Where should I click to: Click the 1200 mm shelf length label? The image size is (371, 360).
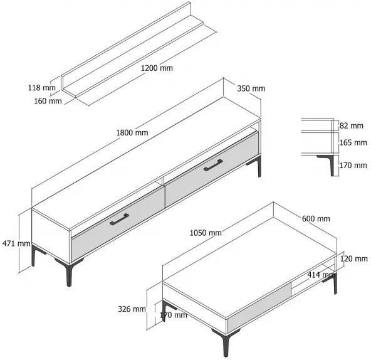point(157,68)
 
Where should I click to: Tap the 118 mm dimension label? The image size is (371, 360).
point(42,88)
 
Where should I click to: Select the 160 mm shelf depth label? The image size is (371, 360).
point(48,101)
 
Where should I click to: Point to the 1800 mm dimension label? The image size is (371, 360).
point(132,132)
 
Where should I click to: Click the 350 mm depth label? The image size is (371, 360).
point(251,88)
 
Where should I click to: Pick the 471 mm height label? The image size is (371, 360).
point(16,243)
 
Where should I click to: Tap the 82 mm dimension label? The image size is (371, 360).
point(352,125)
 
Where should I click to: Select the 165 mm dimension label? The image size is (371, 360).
point(353,142)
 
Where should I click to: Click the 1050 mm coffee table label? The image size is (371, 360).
point(206,233)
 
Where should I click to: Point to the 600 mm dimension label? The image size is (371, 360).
point(316,218)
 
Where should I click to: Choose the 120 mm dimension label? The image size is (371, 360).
point(353,258)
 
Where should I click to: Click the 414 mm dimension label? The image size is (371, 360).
point(321,275)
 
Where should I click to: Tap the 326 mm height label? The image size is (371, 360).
point(132,309)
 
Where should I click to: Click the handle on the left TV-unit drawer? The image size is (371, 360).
point(119,219)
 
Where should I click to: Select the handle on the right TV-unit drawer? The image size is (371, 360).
point(213,165)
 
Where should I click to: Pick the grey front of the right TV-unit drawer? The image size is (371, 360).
point(212,169)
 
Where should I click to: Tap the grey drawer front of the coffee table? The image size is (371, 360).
point(259,307)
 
